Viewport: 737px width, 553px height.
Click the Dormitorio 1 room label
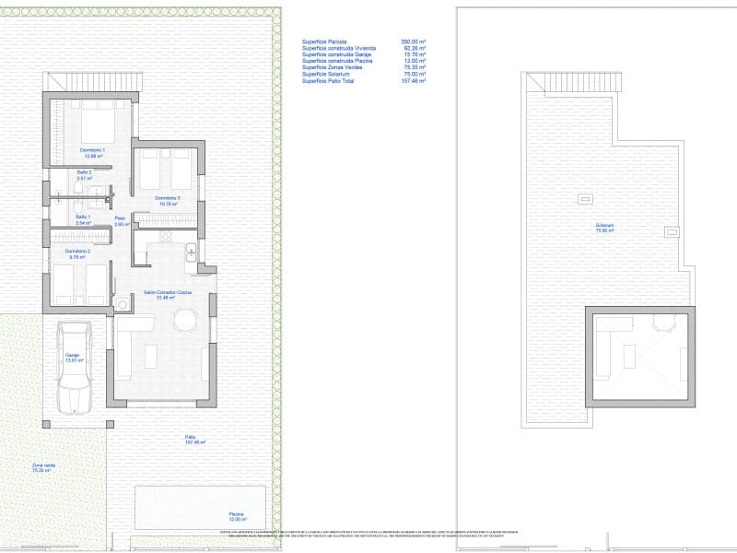pos(92,151)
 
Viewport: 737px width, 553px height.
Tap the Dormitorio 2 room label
pos(75,253)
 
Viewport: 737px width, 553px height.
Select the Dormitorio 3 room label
pos(167,200)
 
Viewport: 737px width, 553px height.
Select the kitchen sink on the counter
pos(190,252)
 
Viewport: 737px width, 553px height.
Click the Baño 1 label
pos(83,219)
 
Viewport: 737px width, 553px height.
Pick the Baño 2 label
pos(83,174)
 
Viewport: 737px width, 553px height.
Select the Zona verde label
pos(44,467)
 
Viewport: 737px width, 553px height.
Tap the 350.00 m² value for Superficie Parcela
pos(413,42)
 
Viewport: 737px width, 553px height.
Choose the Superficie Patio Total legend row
pos(364,81)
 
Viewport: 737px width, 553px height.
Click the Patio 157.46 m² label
pos(191,440)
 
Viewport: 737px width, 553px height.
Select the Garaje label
pos(72,357)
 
